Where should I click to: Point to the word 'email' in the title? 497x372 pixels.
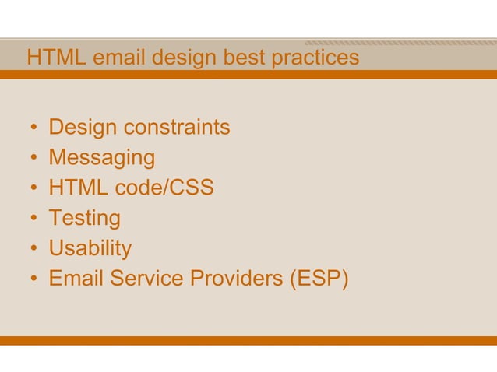coord(118,58)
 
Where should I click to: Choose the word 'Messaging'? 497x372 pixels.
coord(101,158)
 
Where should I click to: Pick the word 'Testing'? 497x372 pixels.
coord(84,219)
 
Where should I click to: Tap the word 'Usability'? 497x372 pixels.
coord(90,249)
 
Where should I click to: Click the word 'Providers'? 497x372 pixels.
coord(236,279)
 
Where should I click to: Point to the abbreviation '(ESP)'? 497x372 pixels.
coord(319,279)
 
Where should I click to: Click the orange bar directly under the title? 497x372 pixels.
coord(248,75)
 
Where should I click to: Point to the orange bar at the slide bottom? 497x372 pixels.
coord(248,341)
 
